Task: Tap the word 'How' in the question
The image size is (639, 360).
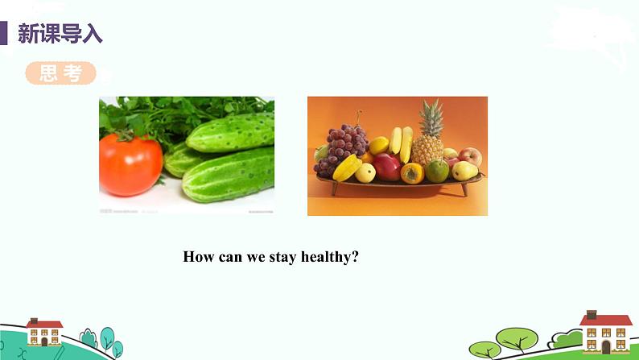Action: point(198,257)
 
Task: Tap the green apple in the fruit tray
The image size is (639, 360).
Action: point(438,170)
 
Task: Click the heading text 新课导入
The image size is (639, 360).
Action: point(60,35)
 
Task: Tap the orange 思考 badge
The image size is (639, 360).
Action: point(60,73)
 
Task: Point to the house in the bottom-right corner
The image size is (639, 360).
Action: point(605,330)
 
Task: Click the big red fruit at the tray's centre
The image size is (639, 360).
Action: point(387,167)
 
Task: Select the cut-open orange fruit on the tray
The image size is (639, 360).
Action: point(413,172)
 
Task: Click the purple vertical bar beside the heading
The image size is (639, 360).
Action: point(4,35)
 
